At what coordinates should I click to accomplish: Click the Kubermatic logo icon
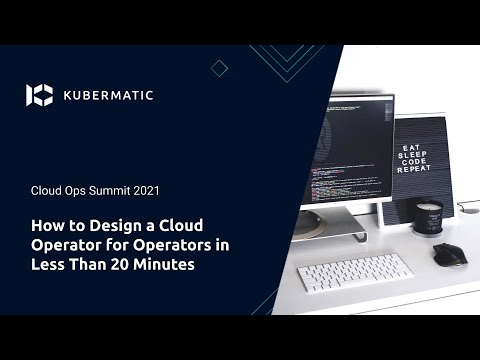39,95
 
